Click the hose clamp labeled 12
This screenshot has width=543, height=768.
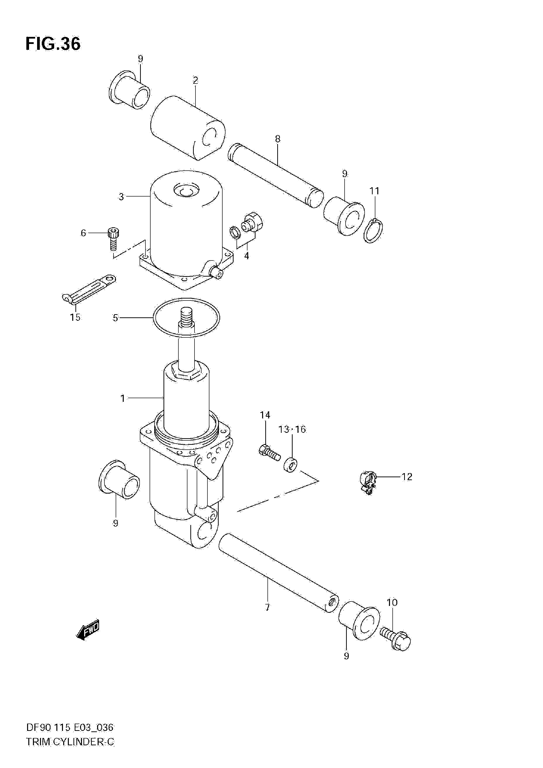click(368, 482)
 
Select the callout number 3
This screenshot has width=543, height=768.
click(121, 197)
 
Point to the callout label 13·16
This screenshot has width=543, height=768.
click(292, 429)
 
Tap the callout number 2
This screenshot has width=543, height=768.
click(195, 80)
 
